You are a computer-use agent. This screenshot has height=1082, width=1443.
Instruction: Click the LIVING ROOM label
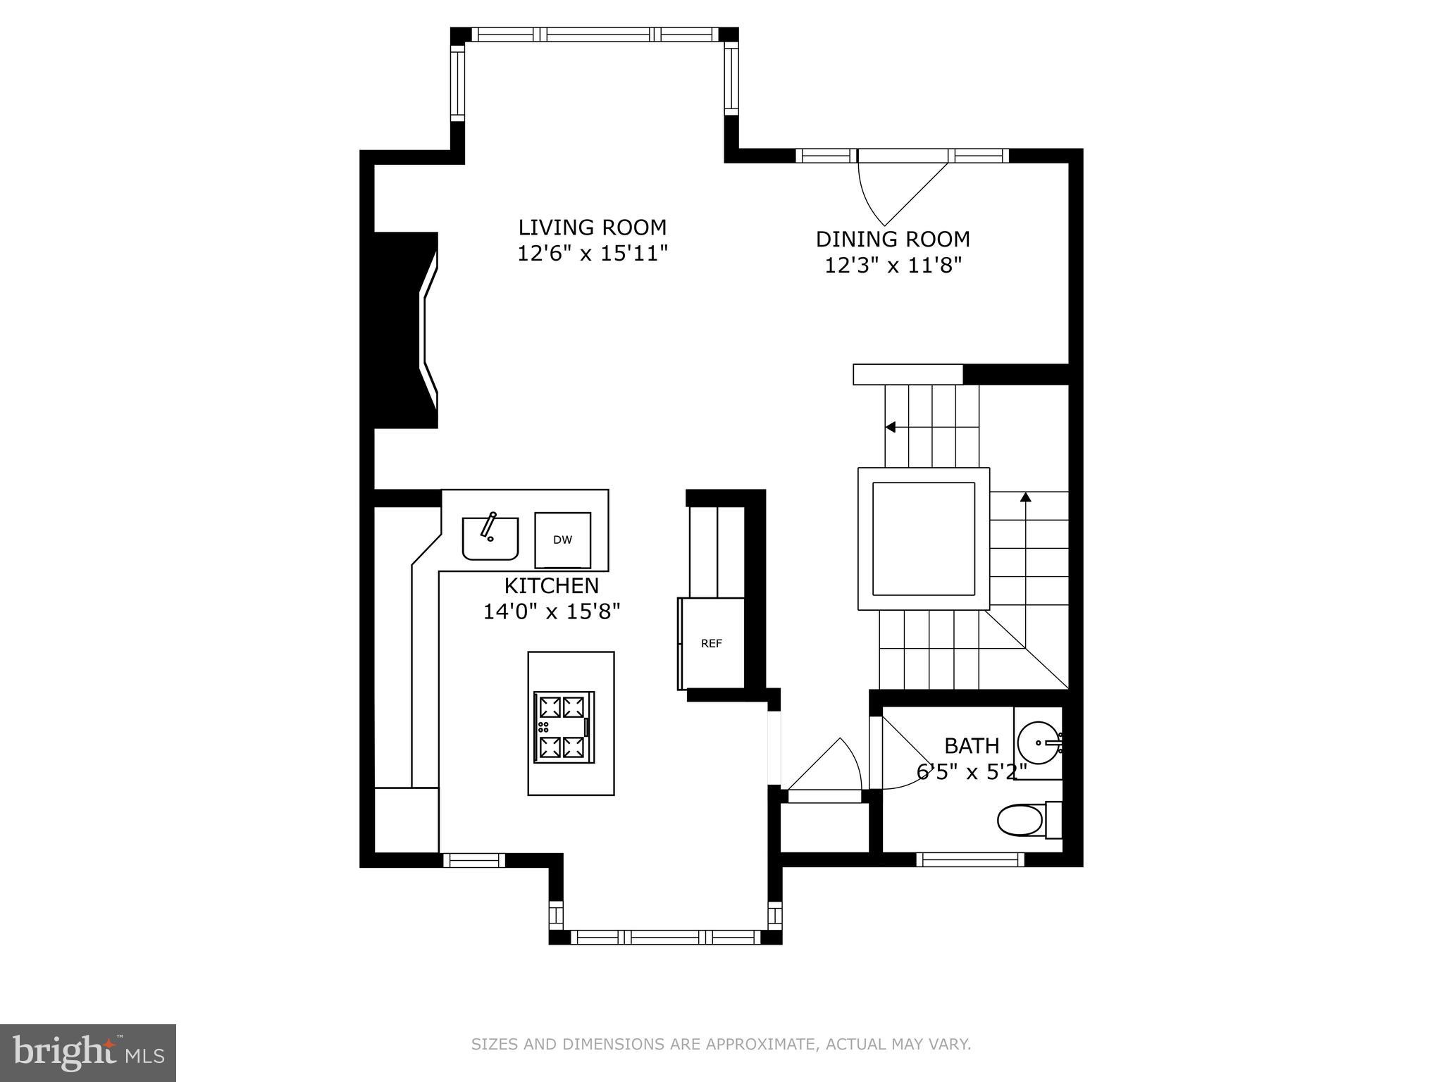tap(592, 228)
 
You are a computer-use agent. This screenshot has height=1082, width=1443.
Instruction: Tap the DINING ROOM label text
tap(893, 240)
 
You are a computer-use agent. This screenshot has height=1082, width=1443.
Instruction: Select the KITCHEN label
tap(551, 585)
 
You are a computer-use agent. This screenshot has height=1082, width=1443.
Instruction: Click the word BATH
tap(971, 745)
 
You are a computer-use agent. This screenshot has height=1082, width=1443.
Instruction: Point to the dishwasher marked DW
tap(562, 540)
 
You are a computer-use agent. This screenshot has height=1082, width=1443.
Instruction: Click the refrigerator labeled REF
tap(712, 643)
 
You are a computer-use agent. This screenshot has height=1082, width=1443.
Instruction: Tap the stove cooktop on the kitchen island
tap(564, 726)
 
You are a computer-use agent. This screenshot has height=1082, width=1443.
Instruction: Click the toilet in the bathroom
tap(1025, 820)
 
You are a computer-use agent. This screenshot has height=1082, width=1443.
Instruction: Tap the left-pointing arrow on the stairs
tap(891, 427)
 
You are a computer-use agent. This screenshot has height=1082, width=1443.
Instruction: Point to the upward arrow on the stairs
tap(1026, 497)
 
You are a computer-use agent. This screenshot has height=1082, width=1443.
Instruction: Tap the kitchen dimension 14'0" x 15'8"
tap(551, 611)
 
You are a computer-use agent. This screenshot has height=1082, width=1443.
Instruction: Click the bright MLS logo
tap(87, 1052)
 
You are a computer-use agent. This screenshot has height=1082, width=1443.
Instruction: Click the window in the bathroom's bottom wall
tap(970, 859)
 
